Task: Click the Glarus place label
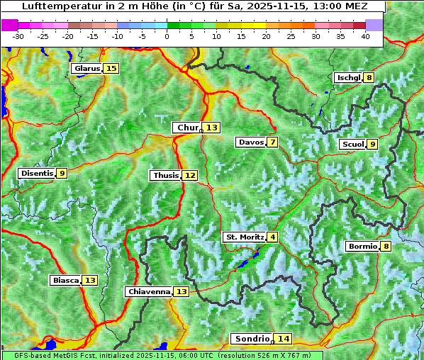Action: click(87, 69)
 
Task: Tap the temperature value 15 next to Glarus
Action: click(111, 69)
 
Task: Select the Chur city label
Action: click(188, 128)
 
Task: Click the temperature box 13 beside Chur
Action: click(213, 128)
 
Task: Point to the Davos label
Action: click(250, 142)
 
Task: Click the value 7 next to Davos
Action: click(272, 142)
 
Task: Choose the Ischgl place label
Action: click(348, 78)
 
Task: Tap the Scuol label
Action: click(352, 145)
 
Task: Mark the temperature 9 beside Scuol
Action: click(372, 145)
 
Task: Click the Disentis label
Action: click(36, 173)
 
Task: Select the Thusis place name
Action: click(165, 175)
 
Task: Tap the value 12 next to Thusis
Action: click(189, 175)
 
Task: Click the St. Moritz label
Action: click(244, 237)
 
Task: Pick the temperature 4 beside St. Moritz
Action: click(272, 237)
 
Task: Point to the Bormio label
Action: click(362, 247)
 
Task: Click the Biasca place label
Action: click(66, 281)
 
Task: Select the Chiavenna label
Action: click(149, 291)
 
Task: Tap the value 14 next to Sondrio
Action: click(284, 339)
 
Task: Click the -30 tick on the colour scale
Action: click(18, 36)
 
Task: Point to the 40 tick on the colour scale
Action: click(365, 36)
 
